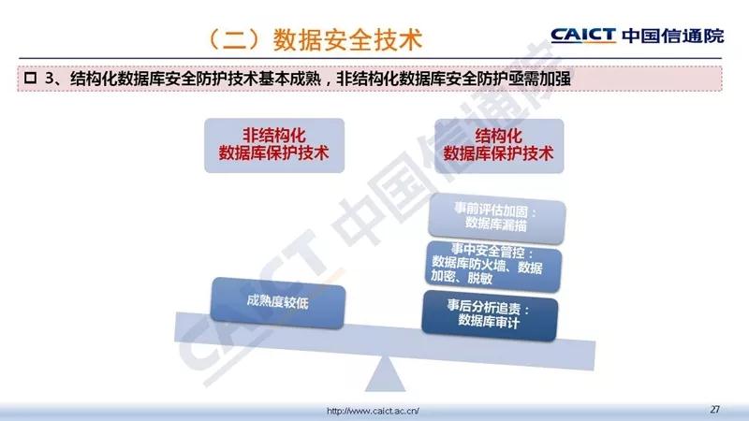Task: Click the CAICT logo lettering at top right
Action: tap(583, 36)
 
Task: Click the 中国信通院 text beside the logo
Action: tap(673, 36)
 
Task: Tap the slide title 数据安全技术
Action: tap(347, 39)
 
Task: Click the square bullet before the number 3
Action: tap(31, 78)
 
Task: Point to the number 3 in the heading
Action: tap(50, 79)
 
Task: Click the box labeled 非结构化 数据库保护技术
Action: tap(274, 145)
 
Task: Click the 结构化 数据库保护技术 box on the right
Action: tap(499, 146)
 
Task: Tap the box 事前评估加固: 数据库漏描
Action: tap(497, 219)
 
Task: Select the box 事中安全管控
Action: tap(493, 265)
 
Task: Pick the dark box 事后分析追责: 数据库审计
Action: tap(490, 315)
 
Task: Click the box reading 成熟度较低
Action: tap(277, 302)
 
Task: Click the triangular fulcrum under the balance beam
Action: tap(385, 374)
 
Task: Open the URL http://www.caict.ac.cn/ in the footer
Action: tap(373, 411)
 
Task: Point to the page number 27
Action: tap(714, 409)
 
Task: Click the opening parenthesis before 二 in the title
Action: tap(216, 39)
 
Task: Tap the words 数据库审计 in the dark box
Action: tap(489, 322)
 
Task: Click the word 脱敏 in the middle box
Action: tap(479, 278)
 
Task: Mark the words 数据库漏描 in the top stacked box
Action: tap(496, 224)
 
